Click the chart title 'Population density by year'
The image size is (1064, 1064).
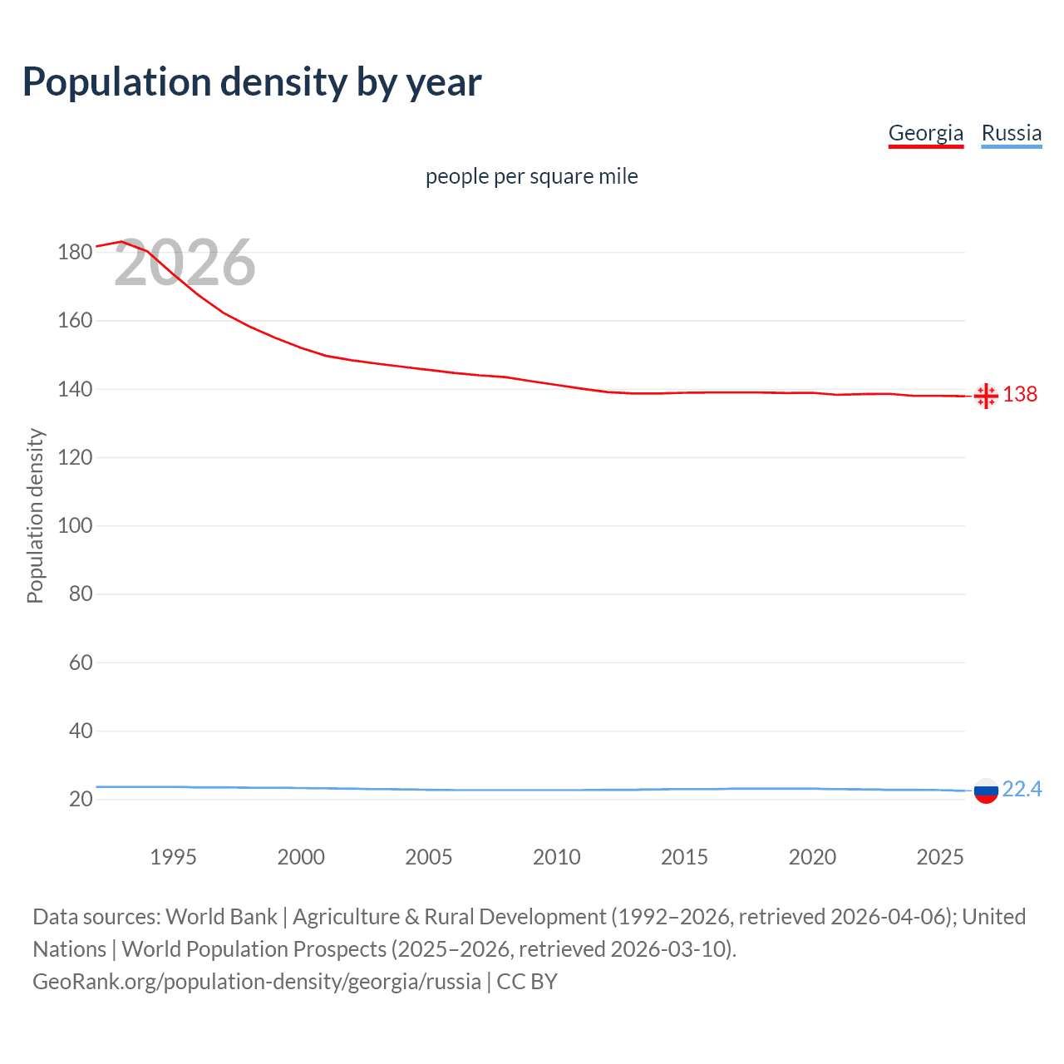[x=252, y=82]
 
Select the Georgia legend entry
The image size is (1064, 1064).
[x=925, y=133]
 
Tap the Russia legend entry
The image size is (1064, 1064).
[x=1011, y=133]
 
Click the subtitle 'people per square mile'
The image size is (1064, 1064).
[x=531, y=176]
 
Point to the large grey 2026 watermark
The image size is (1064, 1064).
[x=185, y=264]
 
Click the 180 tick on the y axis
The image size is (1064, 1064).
[x=75, y=252]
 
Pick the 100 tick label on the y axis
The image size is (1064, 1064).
[x=75, y=525]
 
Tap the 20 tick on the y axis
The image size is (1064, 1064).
[x=81, y=799]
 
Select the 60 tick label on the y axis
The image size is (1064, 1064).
[x=81, y=663]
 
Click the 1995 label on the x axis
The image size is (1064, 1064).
[x=173, y=857]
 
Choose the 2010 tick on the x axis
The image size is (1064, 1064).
[x=556, y=857]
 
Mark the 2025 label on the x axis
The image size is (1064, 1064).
[x=939, y=857]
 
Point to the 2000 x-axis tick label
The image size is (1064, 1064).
[x=301, y=857]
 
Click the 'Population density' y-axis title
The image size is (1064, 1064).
[x=35, y=515]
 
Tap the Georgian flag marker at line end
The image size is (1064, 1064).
[x=985, y=396]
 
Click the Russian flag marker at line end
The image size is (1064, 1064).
[x=985, y=791]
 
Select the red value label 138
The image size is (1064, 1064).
[x=1020, y=394]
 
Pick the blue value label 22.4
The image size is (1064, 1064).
[x=1022, y=789]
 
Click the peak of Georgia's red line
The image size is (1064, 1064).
[x=121, y=241]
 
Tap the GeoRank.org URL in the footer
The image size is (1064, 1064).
[x=256, y=982]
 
